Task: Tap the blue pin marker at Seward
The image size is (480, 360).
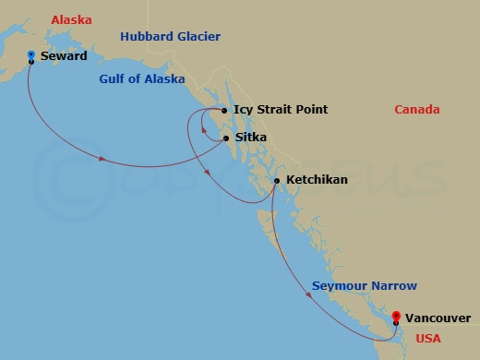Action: point(31,56)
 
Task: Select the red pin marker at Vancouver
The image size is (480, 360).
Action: point(396,317)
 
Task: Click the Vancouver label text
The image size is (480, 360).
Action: point(438,318)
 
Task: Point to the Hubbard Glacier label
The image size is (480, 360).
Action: point(170,36)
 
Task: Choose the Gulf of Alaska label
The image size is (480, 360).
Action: point(142,79)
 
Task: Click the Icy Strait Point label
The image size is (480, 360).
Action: point(281,110)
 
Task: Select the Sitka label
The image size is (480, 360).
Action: point(251,138)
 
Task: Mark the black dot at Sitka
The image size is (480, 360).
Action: point(226,139)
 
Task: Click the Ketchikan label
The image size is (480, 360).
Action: point(317,179)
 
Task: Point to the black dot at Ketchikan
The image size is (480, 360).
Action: point(277,180)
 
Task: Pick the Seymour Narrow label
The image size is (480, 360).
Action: point(364,286)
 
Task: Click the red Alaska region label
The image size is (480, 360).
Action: point(71,19)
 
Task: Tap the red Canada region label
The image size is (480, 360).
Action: point(416,110)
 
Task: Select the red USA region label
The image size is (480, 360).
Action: point(428,339)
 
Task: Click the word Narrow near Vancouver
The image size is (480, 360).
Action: point(393,286)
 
